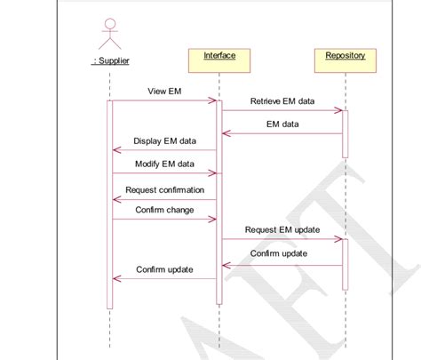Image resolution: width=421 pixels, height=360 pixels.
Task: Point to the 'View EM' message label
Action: point(164,92)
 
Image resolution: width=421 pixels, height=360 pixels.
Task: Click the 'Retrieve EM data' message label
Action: point(282,101)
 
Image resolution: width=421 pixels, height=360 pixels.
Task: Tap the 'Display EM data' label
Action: point(164,140)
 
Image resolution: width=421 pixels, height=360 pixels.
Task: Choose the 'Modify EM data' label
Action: point(164,164)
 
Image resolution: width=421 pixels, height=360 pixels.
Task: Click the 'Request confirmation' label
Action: point(164,189)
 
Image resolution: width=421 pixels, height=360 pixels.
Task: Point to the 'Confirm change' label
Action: point(164,210)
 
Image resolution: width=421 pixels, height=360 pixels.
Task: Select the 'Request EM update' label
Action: point(282,229)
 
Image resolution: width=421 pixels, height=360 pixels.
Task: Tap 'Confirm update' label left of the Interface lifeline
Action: point(164,269)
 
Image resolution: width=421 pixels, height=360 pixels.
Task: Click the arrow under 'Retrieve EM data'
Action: point(282,111)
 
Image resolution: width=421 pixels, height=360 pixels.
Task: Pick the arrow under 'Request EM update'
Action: point(282,239)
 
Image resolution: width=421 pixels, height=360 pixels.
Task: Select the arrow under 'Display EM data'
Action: point(164,150)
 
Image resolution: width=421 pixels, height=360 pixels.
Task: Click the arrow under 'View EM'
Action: point(164,101)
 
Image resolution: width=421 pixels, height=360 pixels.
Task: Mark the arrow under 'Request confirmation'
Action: point(164,199)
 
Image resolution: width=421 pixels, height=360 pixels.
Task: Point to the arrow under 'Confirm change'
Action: point(164,220)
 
